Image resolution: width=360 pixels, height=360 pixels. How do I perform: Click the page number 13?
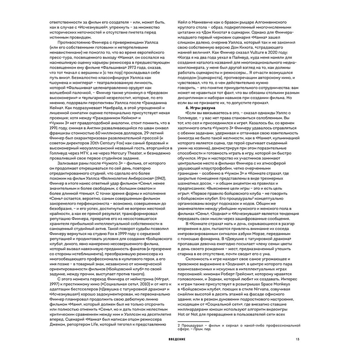(297, 339)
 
